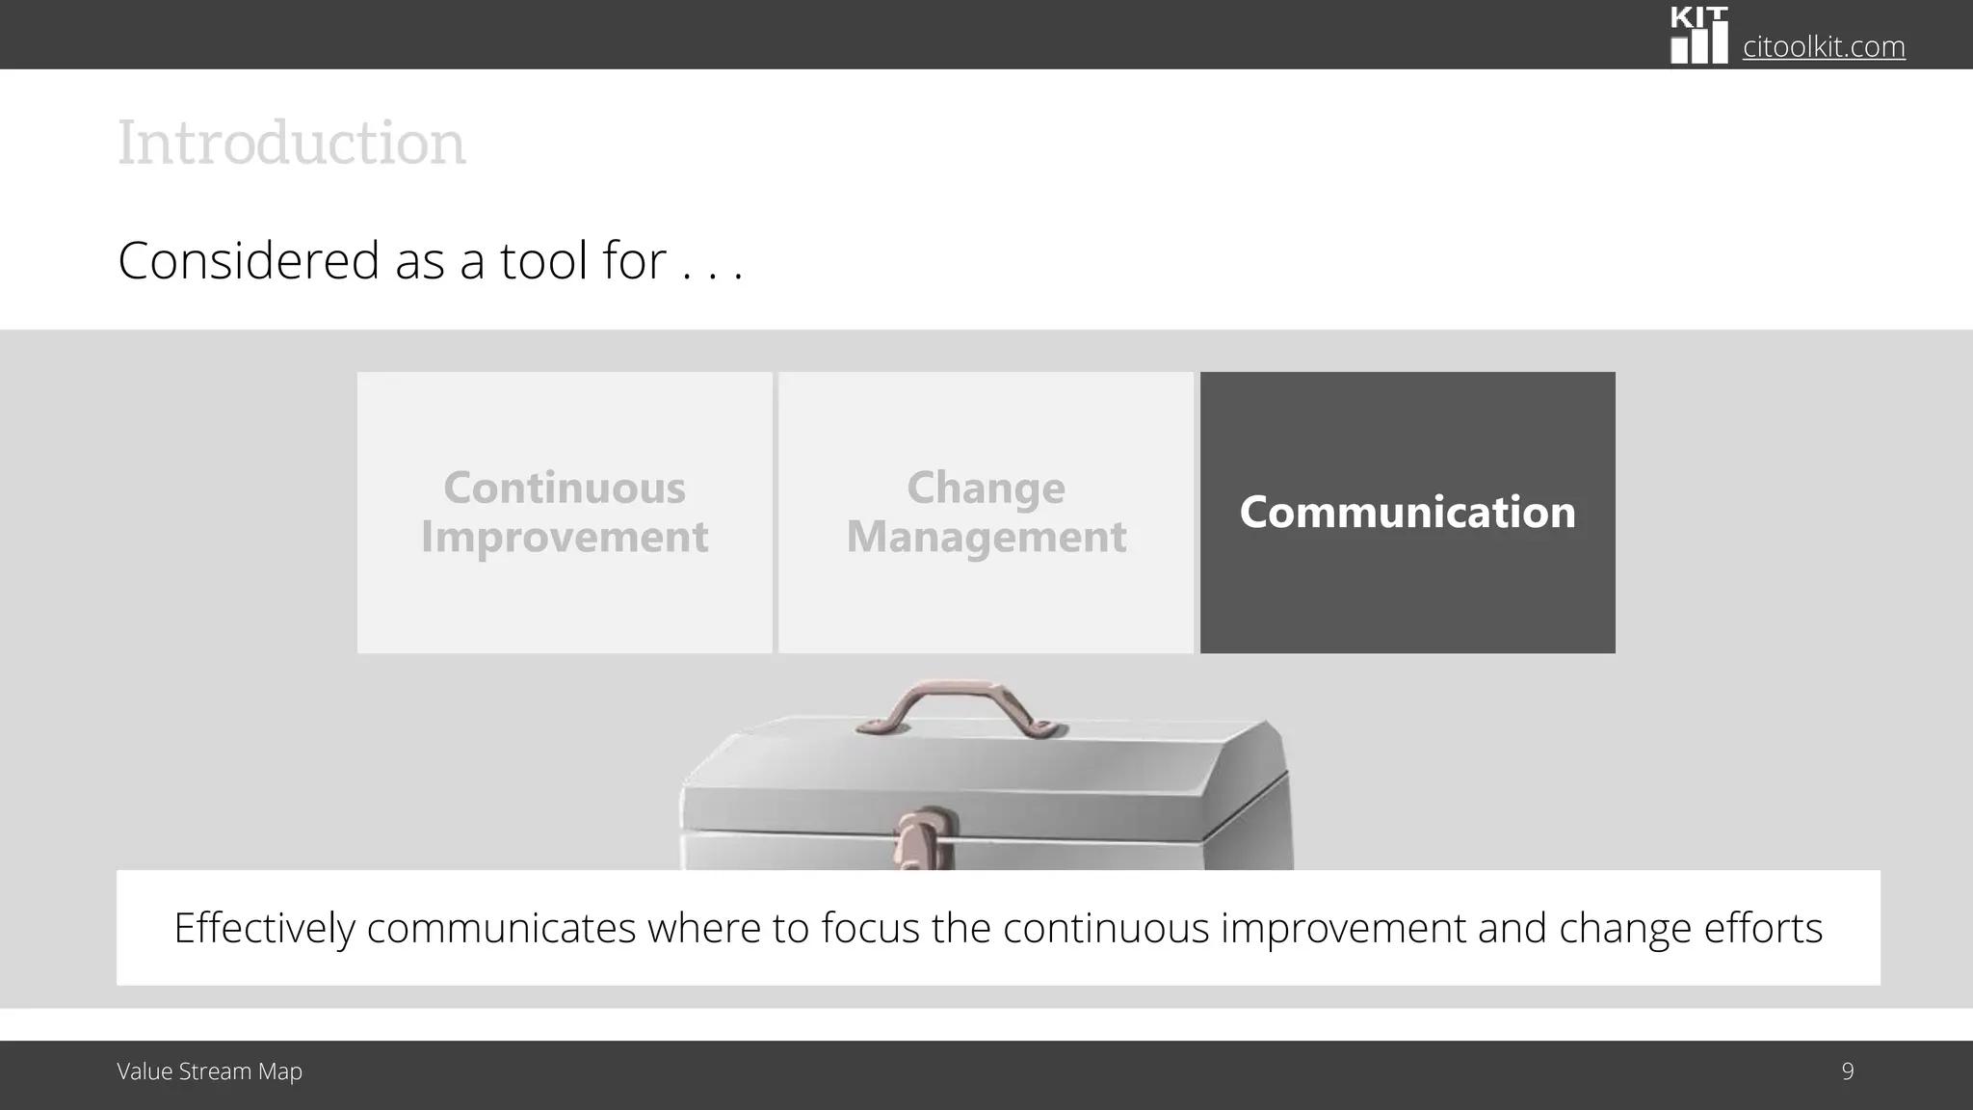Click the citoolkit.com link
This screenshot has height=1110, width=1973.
coord(1823,46)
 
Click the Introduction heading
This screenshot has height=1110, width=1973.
coord(291,144)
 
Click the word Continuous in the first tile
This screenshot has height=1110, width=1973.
coord(565,488)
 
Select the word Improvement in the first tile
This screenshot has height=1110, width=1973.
coord(565,538)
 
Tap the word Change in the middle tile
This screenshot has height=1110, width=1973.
coord(986,488)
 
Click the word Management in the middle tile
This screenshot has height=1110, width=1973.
coord(986,538)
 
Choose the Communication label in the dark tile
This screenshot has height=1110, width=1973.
coord(1407,513)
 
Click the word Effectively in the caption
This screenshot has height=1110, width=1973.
coord(264,929)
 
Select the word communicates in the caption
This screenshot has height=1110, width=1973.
coord(501,929)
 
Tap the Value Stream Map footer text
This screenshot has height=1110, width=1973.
coord(209,1071)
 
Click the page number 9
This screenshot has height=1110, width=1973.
coord(1847,1071)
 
